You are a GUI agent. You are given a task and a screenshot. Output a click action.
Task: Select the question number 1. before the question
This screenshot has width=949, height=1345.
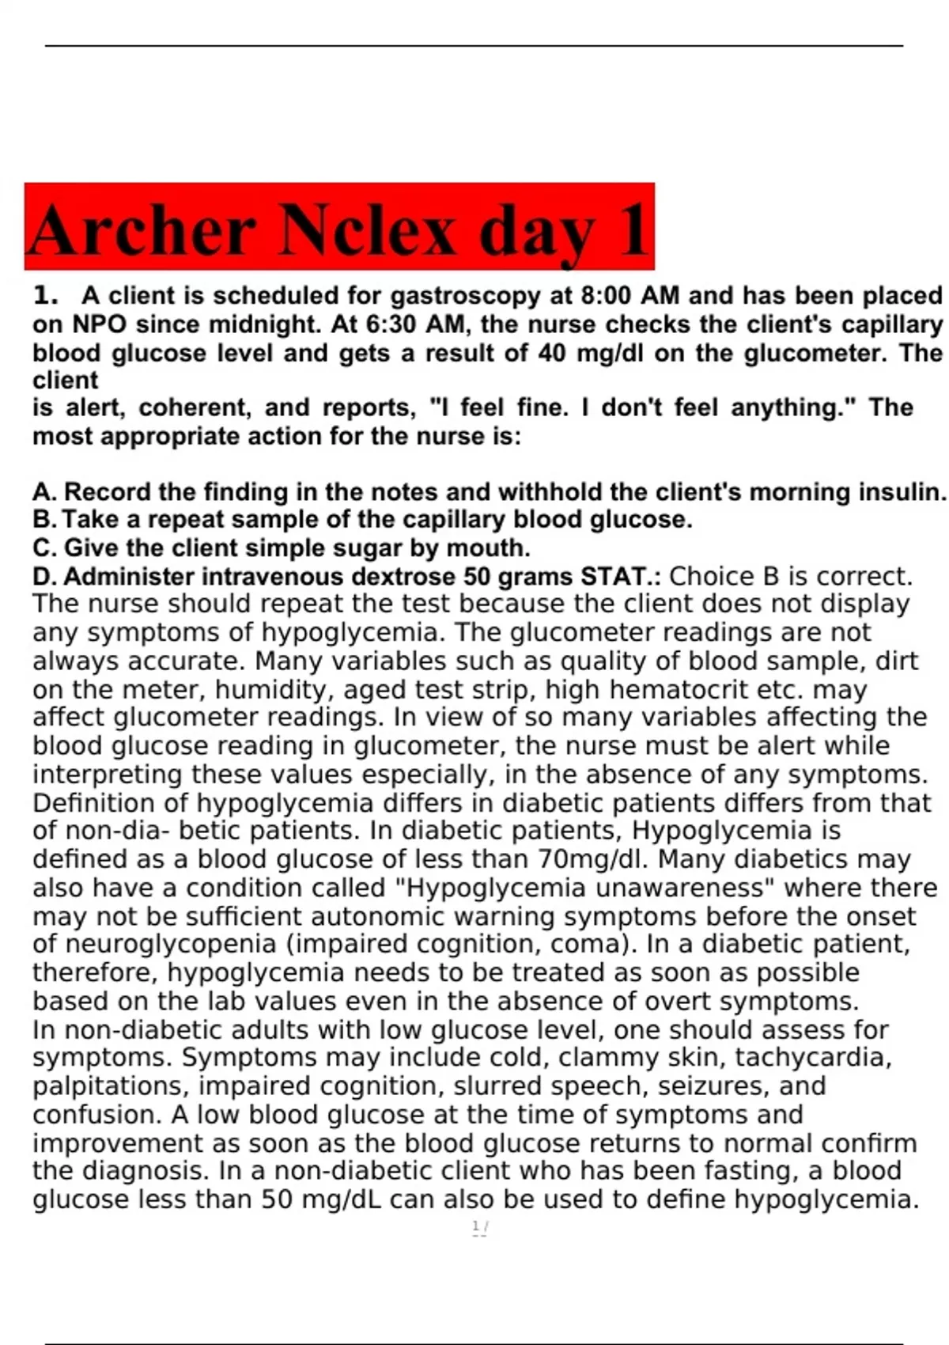46,296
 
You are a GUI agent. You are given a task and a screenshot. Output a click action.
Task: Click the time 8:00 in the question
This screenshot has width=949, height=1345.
605,296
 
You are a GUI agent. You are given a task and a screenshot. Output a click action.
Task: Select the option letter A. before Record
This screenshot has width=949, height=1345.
44,492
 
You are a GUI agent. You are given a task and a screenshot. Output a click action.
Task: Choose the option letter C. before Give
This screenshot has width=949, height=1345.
44,548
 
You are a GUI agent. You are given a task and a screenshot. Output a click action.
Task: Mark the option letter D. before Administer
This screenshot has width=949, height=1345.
44,577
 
